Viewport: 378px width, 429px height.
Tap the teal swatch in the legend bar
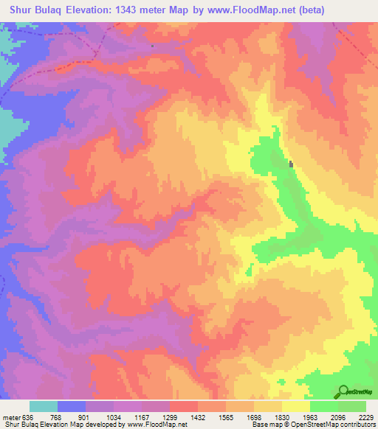[x=44, y=406]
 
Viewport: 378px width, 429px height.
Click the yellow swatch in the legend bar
[x=296, y=406]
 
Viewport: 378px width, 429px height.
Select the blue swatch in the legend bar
[x=72, y=406]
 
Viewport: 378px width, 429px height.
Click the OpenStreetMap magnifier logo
[x=344, y=391]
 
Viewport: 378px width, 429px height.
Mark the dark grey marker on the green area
[x=292, y=164]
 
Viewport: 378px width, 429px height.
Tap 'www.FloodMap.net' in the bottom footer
[x=157, y=425]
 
